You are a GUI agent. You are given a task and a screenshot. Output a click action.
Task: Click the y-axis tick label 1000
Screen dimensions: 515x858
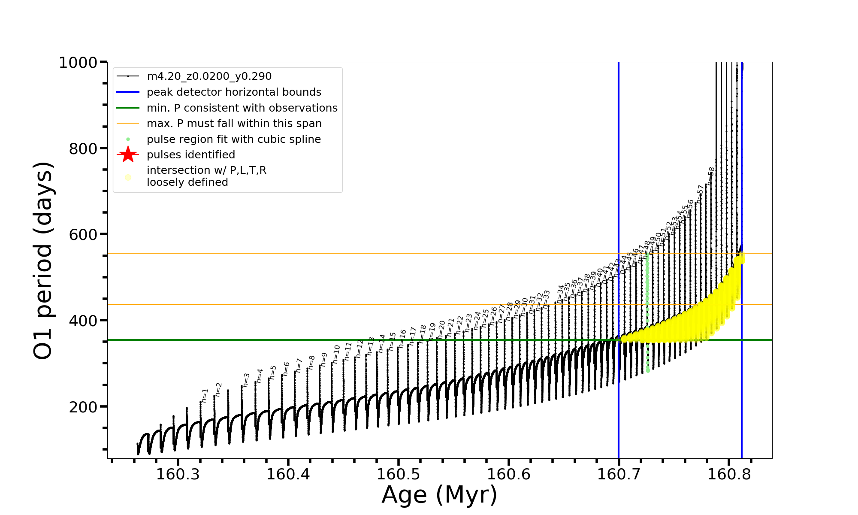pos(78,63)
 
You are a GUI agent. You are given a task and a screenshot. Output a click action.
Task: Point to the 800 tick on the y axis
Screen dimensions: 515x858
pos(82,149)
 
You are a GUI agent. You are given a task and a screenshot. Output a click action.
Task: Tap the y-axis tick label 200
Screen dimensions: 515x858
pos(82,407)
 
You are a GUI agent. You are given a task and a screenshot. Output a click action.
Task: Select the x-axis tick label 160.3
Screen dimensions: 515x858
pos(178,474)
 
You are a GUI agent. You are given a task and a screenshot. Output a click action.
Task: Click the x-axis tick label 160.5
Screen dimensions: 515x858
pos(399,474)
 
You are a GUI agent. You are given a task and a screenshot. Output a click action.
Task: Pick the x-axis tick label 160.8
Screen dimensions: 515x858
pos(729,474)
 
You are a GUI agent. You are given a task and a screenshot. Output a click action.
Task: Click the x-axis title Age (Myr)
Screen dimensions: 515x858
pos(439,495)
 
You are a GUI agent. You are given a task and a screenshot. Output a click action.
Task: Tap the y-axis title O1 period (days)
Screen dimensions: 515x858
pos(43,261)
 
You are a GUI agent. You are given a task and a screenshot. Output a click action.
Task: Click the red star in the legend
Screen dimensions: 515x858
pos(128,154)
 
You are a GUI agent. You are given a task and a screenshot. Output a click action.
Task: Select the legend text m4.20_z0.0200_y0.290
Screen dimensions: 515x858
pos(209,76)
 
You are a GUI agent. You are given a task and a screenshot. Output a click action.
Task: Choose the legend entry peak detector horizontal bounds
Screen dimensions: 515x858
pos(234,92)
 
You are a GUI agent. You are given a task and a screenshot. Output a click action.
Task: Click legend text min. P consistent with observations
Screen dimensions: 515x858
pos(242,108)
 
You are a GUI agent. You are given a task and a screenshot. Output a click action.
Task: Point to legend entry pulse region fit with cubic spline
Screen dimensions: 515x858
pos(233,139)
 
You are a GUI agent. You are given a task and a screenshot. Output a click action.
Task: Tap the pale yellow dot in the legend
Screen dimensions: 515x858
pos(128,177)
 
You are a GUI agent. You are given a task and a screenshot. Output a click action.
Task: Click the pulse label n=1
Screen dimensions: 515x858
pos(205,395)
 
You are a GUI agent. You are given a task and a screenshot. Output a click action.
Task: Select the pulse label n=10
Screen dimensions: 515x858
pos(336,354)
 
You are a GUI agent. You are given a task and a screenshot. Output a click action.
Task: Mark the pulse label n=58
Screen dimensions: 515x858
pos(711,176)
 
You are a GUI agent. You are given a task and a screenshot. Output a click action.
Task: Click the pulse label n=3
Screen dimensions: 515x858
pos(246,380)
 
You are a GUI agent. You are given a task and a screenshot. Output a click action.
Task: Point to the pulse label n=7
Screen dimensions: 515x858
pos(299,365)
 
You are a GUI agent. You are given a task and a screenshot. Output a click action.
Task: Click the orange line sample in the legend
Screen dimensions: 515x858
pos(128,124)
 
